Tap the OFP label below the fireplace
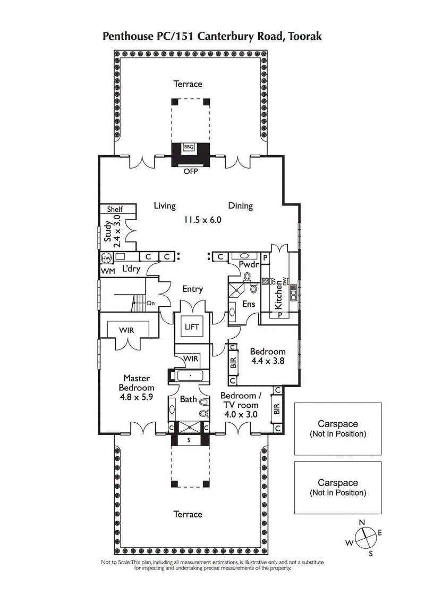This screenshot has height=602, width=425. click(x=190, y=171)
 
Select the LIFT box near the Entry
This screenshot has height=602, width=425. click(x=191, y=327)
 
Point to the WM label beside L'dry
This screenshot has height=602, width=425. click(x=107, y=271)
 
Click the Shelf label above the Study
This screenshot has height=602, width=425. click(x=115, y=210)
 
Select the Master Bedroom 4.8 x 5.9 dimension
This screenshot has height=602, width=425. click(x=136, y=396)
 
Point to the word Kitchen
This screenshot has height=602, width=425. click(x=278, y=295)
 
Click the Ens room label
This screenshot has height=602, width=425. click(x=249, y=304)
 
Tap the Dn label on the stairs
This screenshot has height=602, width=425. click(x=150, y=303)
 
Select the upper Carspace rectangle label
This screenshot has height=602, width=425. click(x=338, y=424)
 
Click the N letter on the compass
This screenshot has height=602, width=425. click(x=362, y=523)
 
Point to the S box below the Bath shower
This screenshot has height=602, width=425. click(x=189, y=440)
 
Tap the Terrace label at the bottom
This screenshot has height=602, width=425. click(x=188, y=514)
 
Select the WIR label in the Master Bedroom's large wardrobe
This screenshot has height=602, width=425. click(x=126, y=330)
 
